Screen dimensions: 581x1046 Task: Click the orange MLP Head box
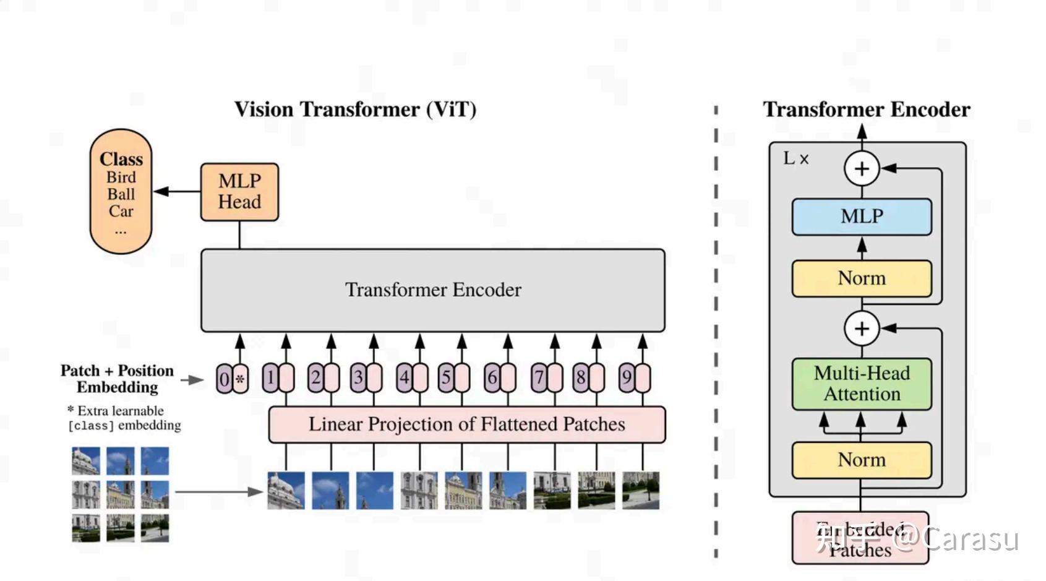pyautogui.click(x=239, y=192)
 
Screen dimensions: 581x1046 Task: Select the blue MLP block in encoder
pyautogui.click(x=862, y=217)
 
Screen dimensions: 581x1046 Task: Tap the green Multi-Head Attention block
pyautogui.click(x=862, y=384)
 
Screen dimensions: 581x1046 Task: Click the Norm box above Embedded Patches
pyautogui.click(x=862, y=460)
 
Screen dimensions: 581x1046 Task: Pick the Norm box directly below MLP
pyautogui.click(x=862, y=278)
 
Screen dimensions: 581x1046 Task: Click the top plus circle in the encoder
pyautogui.click(x=862, y=168)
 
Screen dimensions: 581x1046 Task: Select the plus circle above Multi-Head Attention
pyautogui.click(x=862, y=329)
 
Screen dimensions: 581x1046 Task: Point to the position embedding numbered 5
pyautogui.click(x=447, y=377)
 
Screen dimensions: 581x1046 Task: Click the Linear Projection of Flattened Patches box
pyautogui.click(x=467, y=424)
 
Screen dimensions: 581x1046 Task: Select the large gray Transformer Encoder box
pyautogui.click(x=433, y=290)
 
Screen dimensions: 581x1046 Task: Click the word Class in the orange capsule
pyautogui.click(x=121, y=159)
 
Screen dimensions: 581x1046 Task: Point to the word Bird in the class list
pyautogui.click(x=121, y=177)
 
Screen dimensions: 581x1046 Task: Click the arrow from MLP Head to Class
pyautogui.click(x=176, y=191)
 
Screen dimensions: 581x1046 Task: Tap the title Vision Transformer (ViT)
pyautogui.click(x=355, y=110)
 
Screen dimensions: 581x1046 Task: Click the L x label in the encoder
pyautogui.click(x=795, y=158)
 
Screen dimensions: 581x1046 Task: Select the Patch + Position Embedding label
pyautogui.click(x=118, y=379)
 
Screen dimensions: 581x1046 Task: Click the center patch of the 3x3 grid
pyautogui.click(x=121, y=495)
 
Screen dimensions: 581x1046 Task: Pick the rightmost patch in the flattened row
pyautogui.click(x=641, y=491)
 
